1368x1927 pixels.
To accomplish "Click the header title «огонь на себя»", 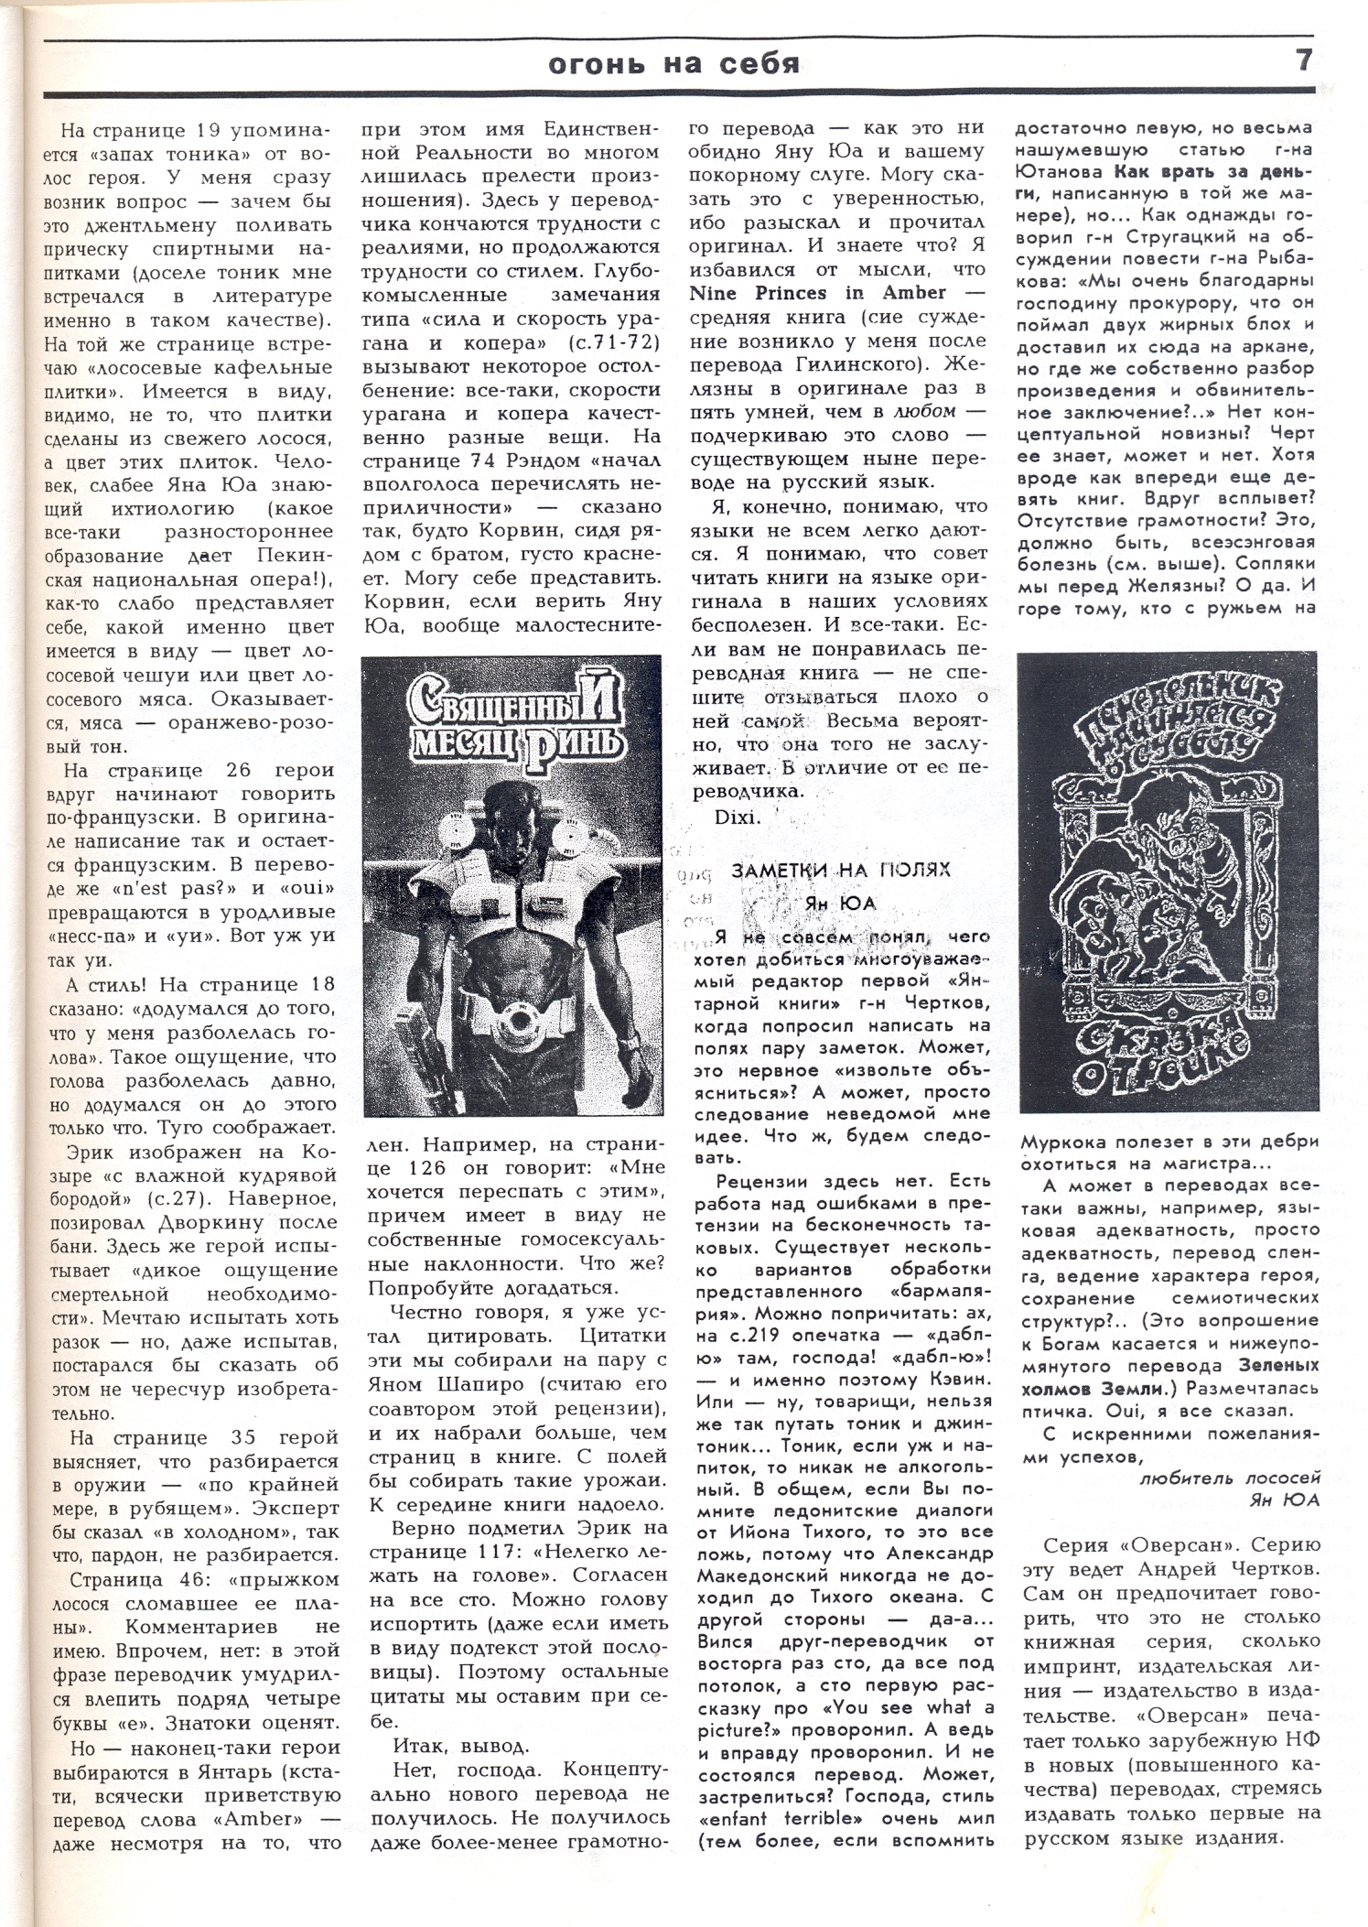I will (673, 63).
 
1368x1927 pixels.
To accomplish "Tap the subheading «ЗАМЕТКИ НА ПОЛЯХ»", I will (841, 869).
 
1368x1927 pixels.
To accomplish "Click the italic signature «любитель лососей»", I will (1230, 1476).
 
